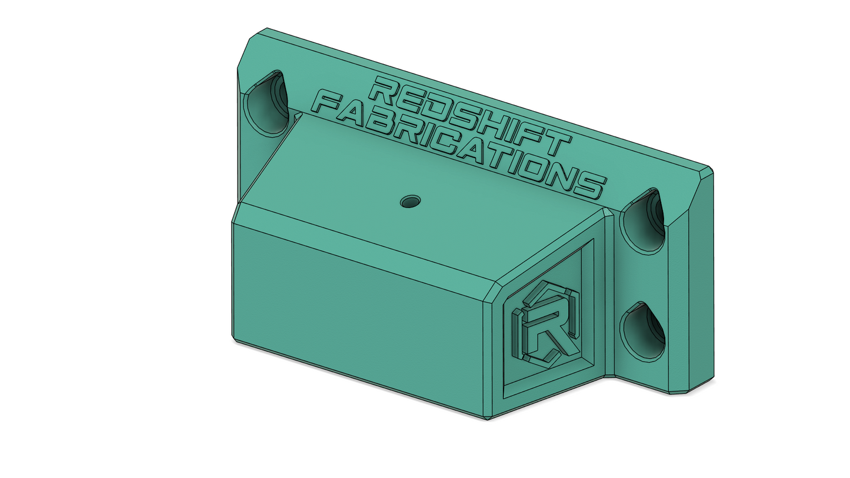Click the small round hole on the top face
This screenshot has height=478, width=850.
point(410,202)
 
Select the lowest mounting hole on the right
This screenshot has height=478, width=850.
point(642,332)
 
